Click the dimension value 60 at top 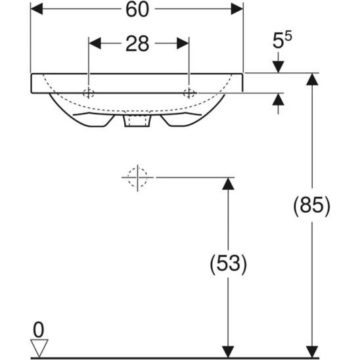click(137, 9)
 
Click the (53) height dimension click(227, 265)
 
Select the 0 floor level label click(39, 328)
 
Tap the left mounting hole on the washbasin click(89, 91)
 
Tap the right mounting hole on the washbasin click(189, 91)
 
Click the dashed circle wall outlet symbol click(137, 177)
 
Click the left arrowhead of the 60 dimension click(37, 9)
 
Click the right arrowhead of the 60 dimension click(236, 9)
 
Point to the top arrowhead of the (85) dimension click(311, 79)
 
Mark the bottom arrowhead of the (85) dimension click(311, 351)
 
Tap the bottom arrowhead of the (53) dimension click(227, 351)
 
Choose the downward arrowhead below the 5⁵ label click(278, 66)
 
